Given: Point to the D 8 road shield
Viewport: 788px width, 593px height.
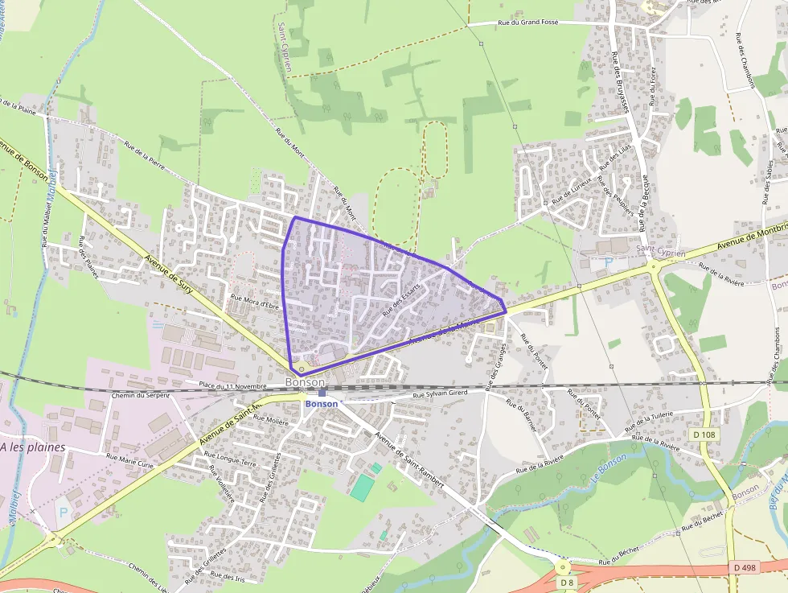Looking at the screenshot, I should pos(567,583).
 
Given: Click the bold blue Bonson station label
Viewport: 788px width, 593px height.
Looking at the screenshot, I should pos(322,403).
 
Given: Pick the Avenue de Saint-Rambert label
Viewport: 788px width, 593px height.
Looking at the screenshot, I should pos(409,460).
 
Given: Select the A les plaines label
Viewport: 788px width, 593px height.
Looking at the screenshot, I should pos(33,447).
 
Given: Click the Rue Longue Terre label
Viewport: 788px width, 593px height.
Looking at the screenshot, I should pos(232,463).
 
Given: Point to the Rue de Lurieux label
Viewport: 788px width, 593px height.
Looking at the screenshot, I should pos(572,189).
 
